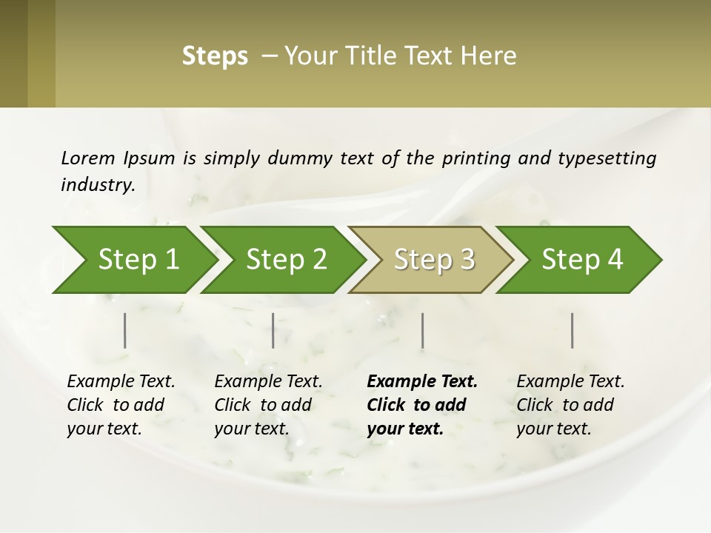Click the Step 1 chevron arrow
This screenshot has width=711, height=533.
[x=138, y=260]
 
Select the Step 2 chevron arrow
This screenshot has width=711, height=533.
[x=286, y=260]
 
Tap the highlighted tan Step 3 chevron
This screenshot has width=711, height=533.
[x=434, y=260]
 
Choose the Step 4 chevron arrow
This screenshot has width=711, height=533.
[x=582, y=260]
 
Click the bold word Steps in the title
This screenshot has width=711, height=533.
[x=215, y=56]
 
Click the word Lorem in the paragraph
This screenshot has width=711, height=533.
[x=88, y=158]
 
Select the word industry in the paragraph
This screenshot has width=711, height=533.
[x=97, y=184]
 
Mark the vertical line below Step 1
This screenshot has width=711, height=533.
[x=125, y=330]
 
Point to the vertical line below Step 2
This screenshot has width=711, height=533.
[x=273, y=330]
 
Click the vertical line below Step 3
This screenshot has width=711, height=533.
[x=423, y=330]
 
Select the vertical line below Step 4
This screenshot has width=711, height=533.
[x=573, y=330]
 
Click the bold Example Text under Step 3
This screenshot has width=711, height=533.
[x=422, y=382]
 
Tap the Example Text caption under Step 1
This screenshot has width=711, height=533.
[x=121, y=382]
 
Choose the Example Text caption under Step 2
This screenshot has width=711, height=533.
[x=268, y=382]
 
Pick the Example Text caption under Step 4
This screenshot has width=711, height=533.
[x=570, y=382]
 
